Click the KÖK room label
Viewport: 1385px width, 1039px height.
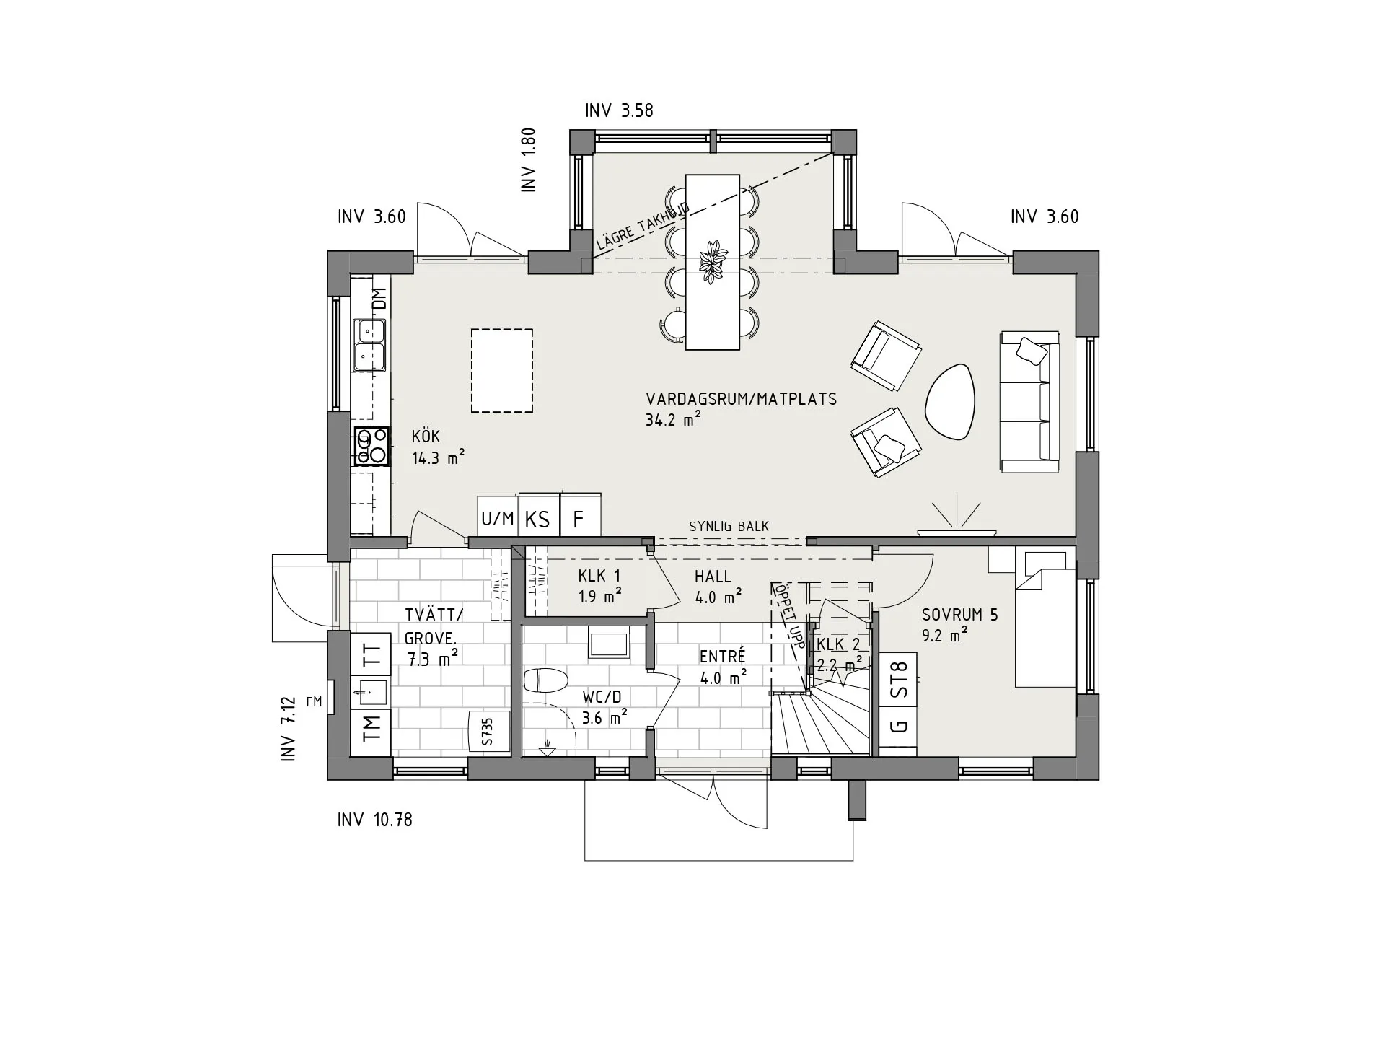click(426, 437)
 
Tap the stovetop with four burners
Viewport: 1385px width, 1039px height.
click(371, 446)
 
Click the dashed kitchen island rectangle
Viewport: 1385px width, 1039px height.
click(502, 371)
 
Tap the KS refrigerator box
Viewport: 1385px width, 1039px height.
click(538, 519)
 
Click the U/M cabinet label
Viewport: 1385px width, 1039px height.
click(498, 519)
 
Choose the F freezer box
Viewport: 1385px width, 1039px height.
click(579, 519)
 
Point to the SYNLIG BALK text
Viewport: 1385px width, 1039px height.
click(729, 527)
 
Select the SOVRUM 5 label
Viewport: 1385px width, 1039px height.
click(959, 615)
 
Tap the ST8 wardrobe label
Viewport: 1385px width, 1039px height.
click(898, 680)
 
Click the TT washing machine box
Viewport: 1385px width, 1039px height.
click(371, 655)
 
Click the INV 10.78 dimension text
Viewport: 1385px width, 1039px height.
click(374, 820)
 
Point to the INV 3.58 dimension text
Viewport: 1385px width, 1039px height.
click(619, 110)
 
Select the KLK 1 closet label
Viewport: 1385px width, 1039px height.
click(599, 577)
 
